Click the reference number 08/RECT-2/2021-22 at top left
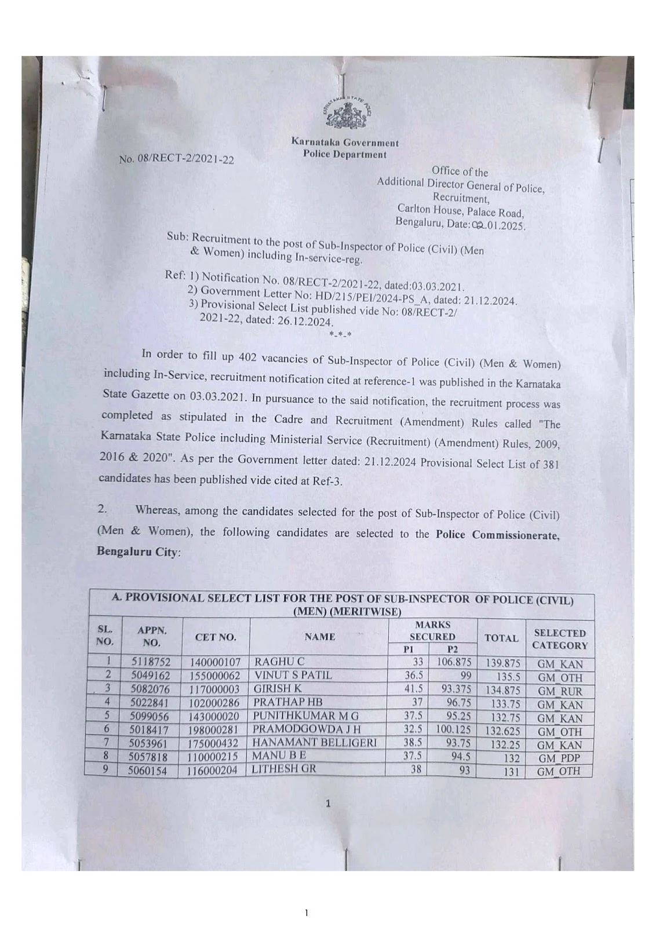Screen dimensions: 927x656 tap(177, 159)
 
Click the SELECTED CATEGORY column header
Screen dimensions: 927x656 tap(559, 639)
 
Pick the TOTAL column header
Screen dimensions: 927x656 tap(501, 638)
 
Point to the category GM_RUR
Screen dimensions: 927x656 tap(559, 691)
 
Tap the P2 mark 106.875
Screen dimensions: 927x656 tap(454, 662)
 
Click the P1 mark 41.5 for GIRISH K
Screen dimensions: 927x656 tap(413, 688)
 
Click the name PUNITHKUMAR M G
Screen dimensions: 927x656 tap(306, 716)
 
